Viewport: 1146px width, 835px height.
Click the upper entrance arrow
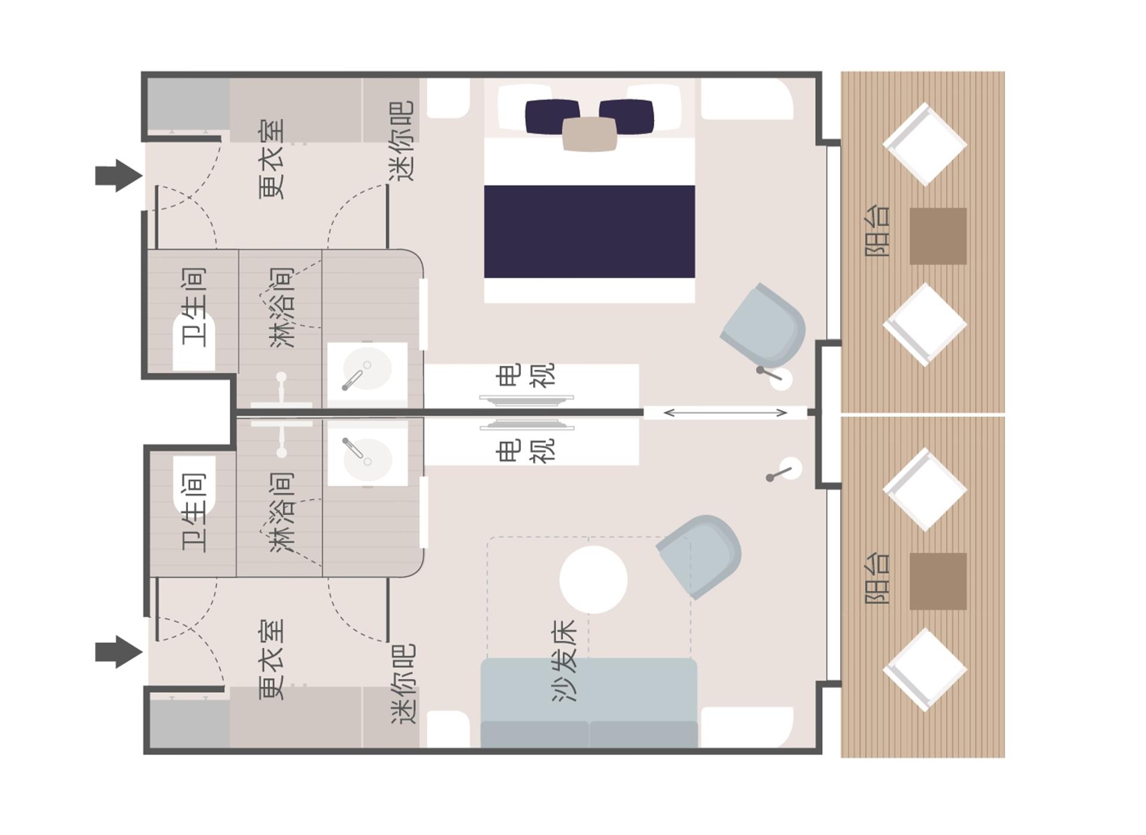(x=119, y=176)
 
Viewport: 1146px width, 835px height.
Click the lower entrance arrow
(x=119, y=652)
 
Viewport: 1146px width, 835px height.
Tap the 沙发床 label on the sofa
(x=565, y=661)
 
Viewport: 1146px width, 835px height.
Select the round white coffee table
(x=593, y=579)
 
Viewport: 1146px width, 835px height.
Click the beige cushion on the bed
(x=589, y=134)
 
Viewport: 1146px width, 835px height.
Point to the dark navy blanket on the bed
(x=589, y=231)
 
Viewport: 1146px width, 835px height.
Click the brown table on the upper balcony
(x=938, y=236)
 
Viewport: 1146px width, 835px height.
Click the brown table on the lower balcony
(x=938, y=582)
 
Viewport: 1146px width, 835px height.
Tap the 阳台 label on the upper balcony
(x=877, y=231)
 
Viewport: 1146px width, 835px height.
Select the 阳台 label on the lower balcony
(x=877, y=578)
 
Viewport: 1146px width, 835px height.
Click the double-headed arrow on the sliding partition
(x=725, y=413)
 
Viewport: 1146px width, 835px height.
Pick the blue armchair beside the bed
(x=764, y=325)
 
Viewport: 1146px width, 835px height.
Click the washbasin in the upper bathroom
(x=367, y=369)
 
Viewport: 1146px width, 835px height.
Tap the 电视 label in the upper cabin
(x=525, y=375)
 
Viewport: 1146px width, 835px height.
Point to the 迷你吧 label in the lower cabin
(x=403, y=684)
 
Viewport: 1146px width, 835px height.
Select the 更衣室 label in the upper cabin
(x=272, y=159)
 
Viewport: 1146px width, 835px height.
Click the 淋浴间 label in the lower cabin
(x=282, y=512)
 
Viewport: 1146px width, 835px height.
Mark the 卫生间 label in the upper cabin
(x=194, y=307)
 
